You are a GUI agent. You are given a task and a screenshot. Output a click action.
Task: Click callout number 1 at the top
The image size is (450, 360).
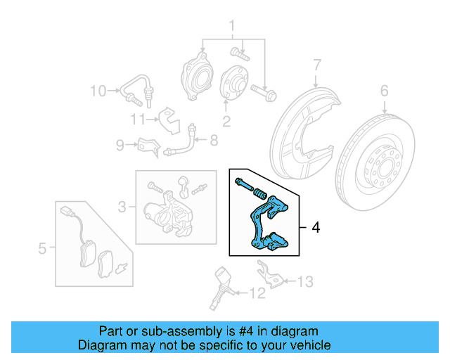(230, 27)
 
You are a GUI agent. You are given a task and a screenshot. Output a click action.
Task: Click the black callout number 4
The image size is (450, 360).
(316, 227)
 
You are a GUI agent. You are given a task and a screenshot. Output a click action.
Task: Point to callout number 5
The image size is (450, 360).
(42, 247)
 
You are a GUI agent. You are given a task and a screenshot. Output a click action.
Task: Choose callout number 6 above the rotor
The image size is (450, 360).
(384, 90)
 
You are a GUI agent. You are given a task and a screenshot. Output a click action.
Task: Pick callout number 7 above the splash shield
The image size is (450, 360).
(316, 65)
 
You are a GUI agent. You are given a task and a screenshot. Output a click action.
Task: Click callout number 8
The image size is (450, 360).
(212, 141)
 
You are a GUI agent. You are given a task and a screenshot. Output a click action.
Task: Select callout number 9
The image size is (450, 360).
(120, 145)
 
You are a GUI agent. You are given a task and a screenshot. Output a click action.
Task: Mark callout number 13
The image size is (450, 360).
(304, 282)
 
